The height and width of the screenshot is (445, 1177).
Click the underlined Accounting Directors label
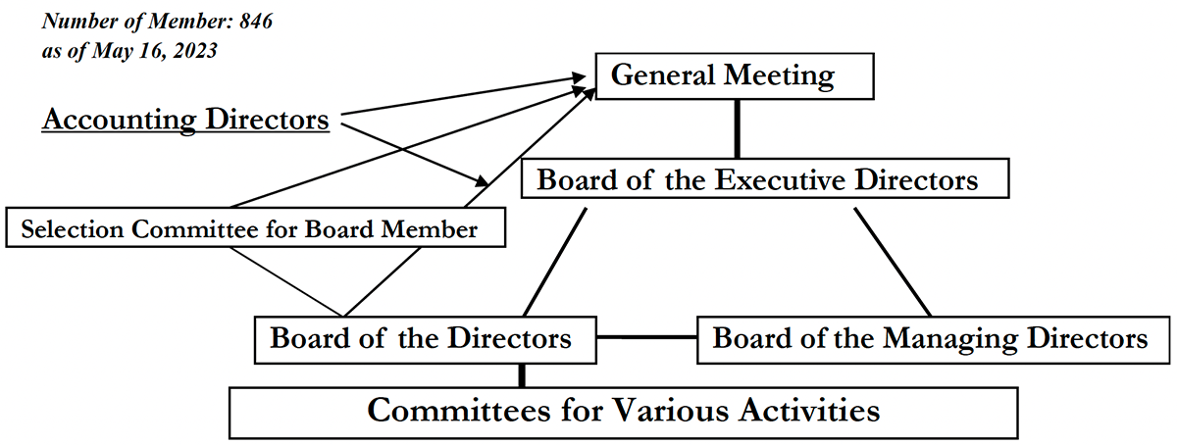(x=185, y=120)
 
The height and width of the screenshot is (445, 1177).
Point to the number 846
(x=256, y=21)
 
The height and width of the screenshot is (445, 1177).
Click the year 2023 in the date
(x=195, y=51)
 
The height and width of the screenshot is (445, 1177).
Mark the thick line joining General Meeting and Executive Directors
(x=738, y=128)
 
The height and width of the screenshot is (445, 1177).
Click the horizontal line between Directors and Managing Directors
(x=646, y=337)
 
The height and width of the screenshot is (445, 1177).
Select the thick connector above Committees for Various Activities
(x=521, y=375)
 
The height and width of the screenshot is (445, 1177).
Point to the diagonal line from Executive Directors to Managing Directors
(x=893, y=262)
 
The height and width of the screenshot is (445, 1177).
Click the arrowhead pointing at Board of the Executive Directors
(x=482, y=181)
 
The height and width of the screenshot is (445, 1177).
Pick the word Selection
(x=72, y=229)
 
